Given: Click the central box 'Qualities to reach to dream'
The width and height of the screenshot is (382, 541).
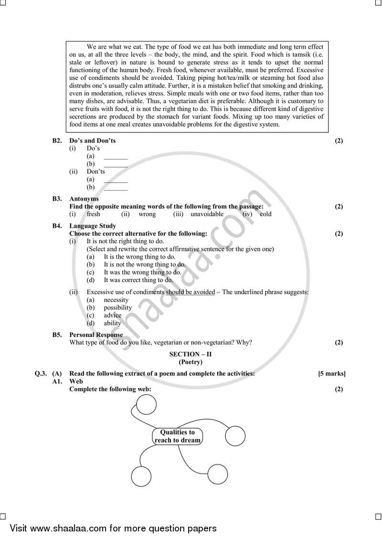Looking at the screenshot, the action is [x=177, y=436].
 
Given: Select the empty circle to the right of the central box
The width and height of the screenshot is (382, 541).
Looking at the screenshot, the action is [x=235, y=436].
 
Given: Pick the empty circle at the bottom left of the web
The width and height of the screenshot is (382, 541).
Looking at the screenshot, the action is [x=141, y=476].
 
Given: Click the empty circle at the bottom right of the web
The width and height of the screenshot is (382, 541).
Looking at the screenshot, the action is [x=217, y=474].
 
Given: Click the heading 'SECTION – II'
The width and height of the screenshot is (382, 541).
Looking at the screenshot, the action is [x=184, y=354].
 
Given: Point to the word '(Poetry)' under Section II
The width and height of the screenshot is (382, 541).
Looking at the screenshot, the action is [x=184, y=362].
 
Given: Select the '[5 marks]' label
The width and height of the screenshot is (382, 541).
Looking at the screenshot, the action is [x=331, y=373].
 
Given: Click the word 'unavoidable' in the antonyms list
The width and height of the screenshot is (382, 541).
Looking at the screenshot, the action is [x=207, y=214].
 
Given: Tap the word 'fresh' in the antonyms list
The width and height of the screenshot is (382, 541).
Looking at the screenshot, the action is [x=93, y=214].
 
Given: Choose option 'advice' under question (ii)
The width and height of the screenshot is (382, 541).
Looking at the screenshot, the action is [x=113, y=315].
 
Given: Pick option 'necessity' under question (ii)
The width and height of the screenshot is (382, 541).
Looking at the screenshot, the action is [x=116, y=300].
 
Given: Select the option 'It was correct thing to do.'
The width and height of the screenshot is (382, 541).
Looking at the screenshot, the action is [x=138, y=280].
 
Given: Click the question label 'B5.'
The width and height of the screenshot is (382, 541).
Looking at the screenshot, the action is [x=57, y=335].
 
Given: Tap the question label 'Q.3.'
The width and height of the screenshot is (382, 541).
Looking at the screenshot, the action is [x=41, y=373].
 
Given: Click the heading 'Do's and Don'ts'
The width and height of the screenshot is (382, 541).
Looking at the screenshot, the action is [x=92, y=141].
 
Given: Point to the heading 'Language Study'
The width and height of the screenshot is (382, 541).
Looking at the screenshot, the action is [x=93, y=226].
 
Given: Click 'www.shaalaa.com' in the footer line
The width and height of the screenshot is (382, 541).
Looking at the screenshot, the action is [x=69, y=528].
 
